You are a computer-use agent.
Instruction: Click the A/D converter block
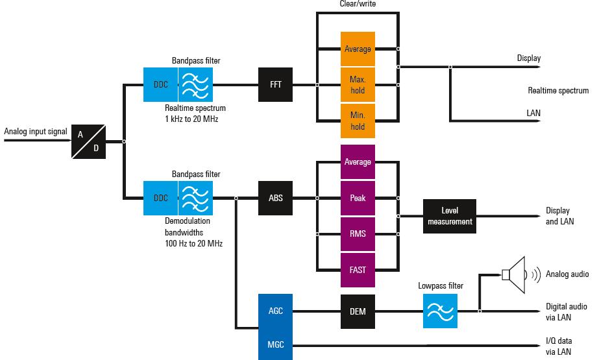click(x=88, y=141)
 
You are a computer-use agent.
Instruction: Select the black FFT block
click(x=276, y=84)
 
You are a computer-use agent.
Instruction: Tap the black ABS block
click(x=276, y=198)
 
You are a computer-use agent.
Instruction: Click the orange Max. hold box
click(x=358, y=84)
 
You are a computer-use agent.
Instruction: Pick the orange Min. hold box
click(x=358, y=121)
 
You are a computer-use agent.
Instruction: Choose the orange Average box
click(x=358, y=49)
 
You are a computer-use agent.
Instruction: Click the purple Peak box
click(x=358, y=198)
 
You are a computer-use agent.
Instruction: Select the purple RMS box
click(x=358, y=234)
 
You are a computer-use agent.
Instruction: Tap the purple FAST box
click(x=358, y=269)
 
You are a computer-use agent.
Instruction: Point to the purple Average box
click(x=358, y=162)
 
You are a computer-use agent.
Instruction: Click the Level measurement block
click(x=449, y=217)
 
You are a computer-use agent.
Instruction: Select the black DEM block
click(x=358, y=311)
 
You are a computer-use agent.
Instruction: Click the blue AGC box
click(x=276, y=311)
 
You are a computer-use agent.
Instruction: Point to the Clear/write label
click(x=357, y=4)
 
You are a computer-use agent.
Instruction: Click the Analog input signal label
click(x=36, y=132)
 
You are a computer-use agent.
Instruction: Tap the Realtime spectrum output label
click(x=557, y=91)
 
